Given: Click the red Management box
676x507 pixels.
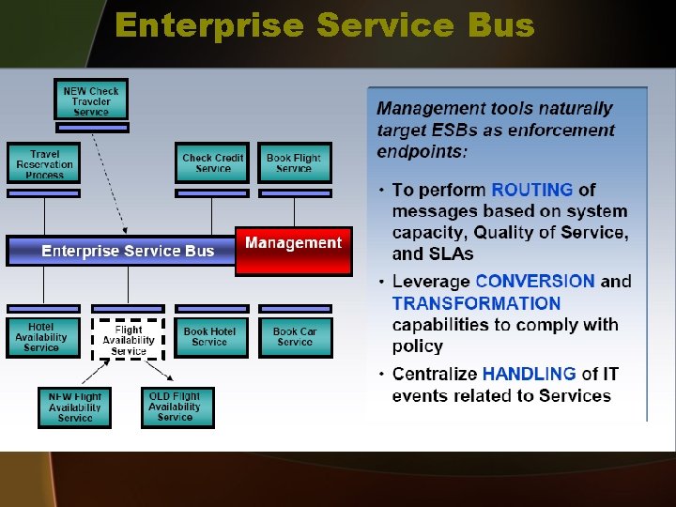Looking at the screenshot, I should [x=293, y=250].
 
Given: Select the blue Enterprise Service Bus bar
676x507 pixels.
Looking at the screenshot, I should [x=128, y=251].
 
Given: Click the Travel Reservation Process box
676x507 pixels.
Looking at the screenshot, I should [x=45, y=164].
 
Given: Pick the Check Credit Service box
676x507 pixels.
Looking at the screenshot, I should [x=212, y=163].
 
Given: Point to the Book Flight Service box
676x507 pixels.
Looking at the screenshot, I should [x=294, y=163].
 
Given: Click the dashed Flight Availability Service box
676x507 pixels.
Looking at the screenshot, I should [x=128, y=340].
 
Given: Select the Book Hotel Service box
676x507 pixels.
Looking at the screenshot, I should [x=210, y=337].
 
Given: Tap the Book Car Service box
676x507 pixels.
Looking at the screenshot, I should [x=295, y=337].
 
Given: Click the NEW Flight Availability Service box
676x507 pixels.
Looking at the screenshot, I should [x=74, y=407].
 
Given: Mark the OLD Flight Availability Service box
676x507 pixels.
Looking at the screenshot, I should [x=177, y=407].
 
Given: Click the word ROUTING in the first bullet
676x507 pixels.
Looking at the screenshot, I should [x=532, y=190].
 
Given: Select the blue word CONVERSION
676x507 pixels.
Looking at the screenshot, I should [x=535, y=281].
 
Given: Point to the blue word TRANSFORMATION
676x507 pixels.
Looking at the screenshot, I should [x=476, y=303].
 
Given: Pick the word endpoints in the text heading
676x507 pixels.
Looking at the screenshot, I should [x=421, y=151].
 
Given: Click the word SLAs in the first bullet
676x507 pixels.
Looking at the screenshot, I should [x=453, y=253].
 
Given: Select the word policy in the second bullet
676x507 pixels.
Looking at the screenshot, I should [x=418, y=346].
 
